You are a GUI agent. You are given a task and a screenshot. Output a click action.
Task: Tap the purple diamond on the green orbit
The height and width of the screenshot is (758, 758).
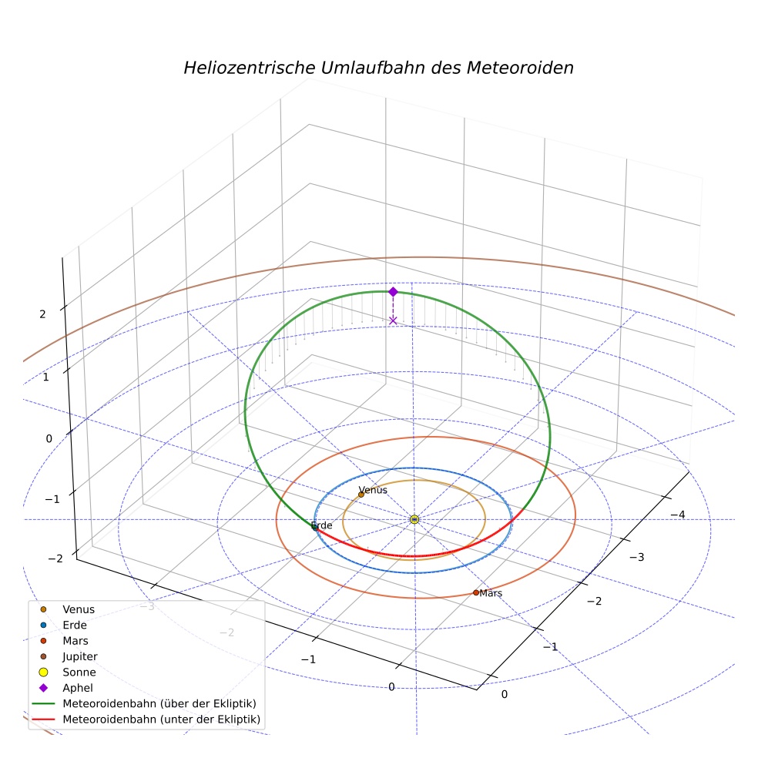tap(393, 291)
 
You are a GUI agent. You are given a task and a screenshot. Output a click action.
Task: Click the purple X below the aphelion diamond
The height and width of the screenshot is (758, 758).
tap(393, 321)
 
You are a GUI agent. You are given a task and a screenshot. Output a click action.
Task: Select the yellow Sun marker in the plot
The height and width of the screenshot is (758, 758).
tap(414, 519)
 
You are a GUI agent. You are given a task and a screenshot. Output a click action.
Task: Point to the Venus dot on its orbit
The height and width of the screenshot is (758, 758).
tap(361, 495)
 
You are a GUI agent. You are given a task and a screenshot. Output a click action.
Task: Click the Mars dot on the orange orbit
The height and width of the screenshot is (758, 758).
tap(476, 592)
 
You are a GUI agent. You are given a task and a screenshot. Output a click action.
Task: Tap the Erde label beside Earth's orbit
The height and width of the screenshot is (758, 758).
tap(321, 525)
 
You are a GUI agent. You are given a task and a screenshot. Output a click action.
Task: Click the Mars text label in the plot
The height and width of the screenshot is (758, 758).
tap(491, 593)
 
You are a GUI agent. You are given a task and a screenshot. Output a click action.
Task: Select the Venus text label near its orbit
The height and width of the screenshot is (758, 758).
tap(373, 490)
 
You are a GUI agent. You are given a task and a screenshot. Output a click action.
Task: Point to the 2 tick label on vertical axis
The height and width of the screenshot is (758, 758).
tap(42, 314)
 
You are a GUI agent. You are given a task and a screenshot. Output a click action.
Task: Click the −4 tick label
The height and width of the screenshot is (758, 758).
tap(678, 515)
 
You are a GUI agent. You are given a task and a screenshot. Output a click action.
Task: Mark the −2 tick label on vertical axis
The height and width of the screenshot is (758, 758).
tap(55, 558)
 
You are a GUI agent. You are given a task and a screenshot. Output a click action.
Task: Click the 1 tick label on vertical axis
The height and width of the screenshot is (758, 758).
tap(46, 377)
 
